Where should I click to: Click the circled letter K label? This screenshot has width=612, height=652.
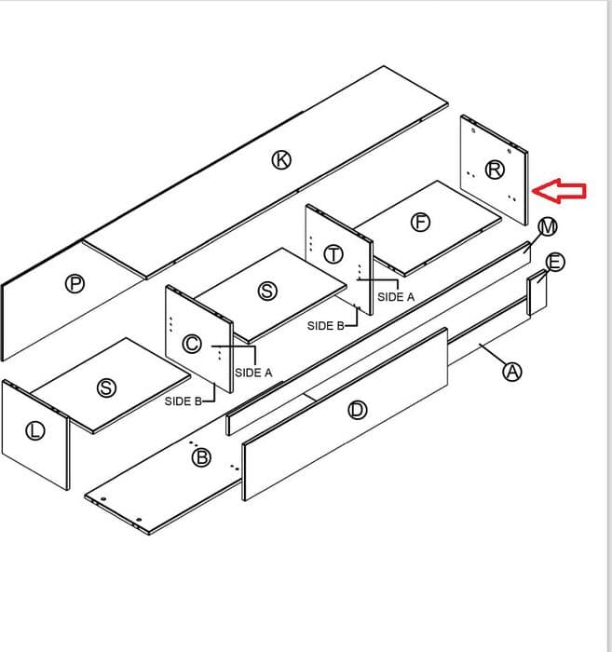(281, 159)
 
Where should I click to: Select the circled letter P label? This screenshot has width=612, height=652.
(75, 284)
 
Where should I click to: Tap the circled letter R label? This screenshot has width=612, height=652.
(495, 170)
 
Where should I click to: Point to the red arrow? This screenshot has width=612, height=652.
(559, 191)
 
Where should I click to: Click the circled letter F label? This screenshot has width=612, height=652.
(421, 222)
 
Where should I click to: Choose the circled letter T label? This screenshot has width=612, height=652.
(333, 254)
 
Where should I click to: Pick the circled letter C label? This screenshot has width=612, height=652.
(192, 344)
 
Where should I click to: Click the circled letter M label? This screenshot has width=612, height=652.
(548, 227)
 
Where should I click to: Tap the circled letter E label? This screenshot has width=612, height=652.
(555, 263)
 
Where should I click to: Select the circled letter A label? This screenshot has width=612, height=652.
(512, 372)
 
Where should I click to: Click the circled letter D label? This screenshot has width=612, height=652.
(357, 411)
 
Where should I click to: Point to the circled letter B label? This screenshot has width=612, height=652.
(201, 458)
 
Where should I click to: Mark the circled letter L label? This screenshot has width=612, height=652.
(35, 430)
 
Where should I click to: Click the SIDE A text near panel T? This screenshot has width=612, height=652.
(396, 297)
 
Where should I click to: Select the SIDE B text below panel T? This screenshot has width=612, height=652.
(325, 326)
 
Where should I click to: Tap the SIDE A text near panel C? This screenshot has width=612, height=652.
(253, 373)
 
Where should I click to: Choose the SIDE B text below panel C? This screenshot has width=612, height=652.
(184, 401)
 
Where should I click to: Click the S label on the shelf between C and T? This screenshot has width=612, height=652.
(267, 291)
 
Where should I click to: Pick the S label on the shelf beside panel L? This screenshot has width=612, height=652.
(106, 388)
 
